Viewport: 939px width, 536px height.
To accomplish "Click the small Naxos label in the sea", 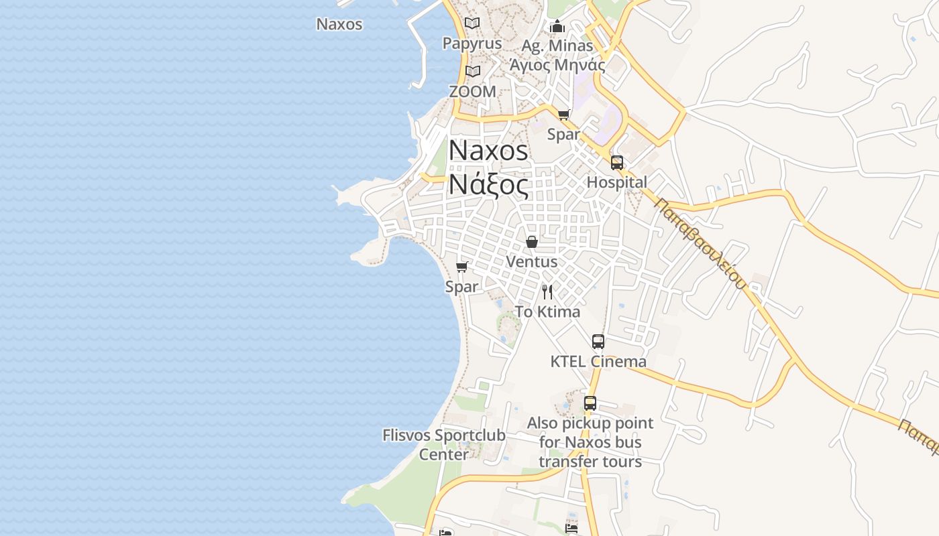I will point(339,24).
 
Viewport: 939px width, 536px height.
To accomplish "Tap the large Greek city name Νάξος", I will point(488,184).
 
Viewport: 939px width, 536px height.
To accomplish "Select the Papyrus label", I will point(472,44).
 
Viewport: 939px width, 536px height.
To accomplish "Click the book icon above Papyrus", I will point(472,23).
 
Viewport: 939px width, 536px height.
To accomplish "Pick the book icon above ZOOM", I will point(473,71).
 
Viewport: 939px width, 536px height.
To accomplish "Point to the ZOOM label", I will point(473,91).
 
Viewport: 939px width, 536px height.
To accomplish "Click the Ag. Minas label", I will point(557,46).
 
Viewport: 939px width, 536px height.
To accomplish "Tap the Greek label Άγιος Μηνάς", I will point(557,65).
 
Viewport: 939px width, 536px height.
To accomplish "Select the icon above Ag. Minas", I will point(557,27).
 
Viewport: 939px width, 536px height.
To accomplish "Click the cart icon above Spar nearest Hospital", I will point(563,115).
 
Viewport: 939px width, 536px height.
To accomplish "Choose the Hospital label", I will point(617,182).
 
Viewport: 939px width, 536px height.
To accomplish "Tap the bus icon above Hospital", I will point(617,163).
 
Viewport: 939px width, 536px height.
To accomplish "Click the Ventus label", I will point(532,261).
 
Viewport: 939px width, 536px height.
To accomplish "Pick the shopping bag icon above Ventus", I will point(532,241).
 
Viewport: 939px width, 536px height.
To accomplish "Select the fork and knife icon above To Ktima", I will point(547,291).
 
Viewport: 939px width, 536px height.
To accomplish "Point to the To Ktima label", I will point(547,312).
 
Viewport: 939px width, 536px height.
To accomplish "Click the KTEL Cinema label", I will point(598,362).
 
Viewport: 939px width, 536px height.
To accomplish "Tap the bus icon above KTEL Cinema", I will point(598,342).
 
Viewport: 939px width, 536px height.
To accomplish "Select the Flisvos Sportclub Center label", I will point(444,444).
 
